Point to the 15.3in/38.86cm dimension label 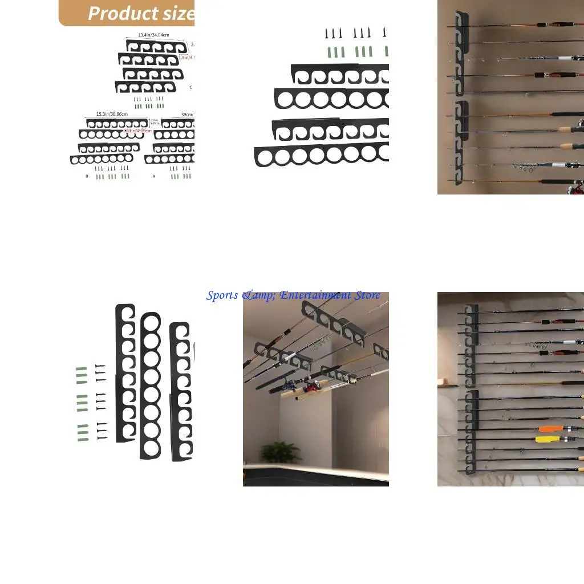coord(112,114)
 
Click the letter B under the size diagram coord(87,177)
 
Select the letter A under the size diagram coord(153,177)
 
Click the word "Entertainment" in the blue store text coord(315,295)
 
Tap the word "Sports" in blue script coord(222,295)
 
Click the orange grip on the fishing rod coord(550,428)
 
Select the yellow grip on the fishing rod coord(546,439)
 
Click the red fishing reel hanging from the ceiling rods coord(312,386)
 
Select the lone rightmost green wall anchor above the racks coord(386,51)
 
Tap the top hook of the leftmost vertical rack coord(125,314)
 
